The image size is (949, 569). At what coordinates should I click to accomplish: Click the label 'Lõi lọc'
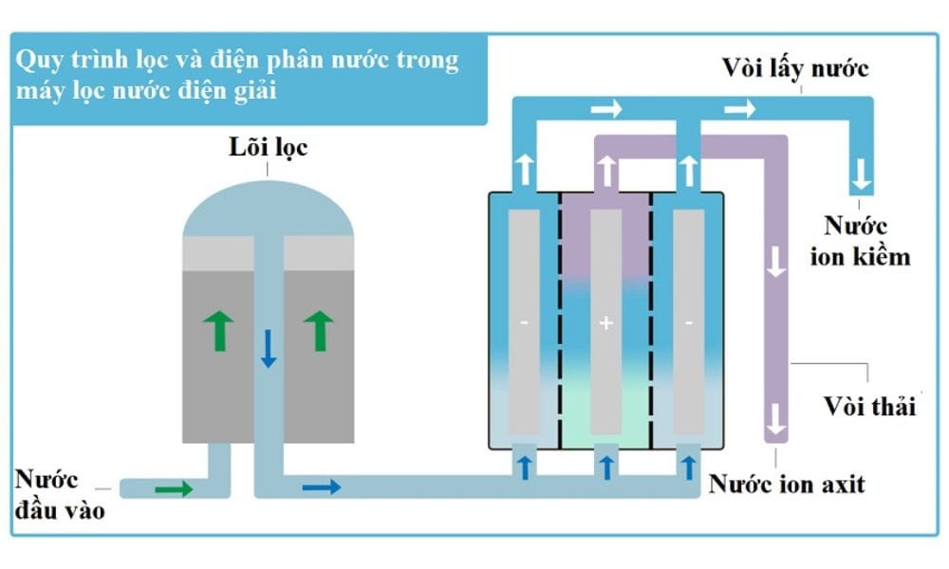pyautogui.click(x=268, y=148)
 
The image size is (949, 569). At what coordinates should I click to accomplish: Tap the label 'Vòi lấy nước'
pyautogui.click(x=795, y=68)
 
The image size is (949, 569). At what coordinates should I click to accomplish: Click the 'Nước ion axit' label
pyautogui.click(x=787, y=485)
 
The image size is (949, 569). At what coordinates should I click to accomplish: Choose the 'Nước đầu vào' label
pyautogui.click(x=59, y=494)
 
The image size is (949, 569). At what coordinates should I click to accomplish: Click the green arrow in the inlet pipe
pyautogui.click(x=174, y=489)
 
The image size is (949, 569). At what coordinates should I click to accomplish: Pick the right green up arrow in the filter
pyautogui.click(x=319, y=331)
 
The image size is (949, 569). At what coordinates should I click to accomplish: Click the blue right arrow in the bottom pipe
pyautogui.click(x=322, y=487)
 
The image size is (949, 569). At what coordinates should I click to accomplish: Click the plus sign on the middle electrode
pyautogui.click(x=606, y=324)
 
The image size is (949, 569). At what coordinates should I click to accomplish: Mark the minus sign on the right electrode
pyautogui.click(x=688, y=324)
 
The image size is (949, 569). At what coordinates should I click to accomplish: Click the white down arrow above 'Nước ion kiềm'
pyautogui.click(x=861, y=174)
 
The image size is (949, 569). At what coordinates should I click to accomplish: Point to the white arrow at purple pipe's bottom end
pyautogui.click(x=776, y=418)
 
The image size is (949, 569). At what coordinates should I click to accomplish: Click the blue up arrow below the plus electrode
pyautogui.click(x=606, y=465)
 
